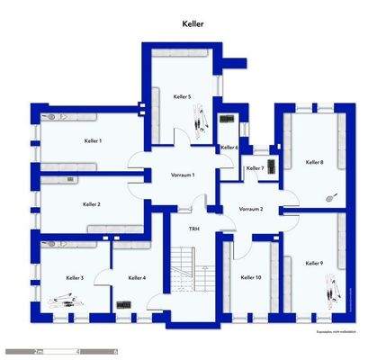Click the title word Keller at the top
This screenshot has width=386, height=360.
click(193, 24)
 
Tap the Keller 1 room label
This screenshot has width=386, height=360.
click(93, 141)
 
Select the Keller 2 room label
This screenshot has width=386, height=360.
click(91, 204)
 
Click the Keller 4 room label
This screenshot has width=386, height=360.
click(137, 278)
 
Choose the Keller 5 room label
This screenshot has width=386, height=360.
click(182, 96)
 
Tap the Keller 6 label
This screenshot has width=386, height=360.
click(229, 148)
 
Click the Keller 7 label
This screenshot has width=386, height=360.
click(255, 168)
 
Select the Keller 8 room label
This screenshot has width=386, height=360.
click(314, 162)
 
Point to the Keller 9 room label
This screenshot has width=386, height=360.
click(314, 263)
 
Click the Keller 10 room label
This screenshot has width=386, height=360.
click(251, 278)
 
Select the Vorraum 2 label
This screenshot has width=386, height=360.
click(251, 209)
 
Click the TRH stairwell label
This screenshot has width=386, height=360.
click(193, 229)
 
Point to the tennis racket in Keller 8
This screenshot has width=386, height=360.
click(330, 194)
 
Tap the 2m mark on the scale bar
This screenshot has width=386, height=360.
click(38, 352)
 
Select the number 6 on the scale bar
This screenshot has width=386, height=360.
click(114, 352)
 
